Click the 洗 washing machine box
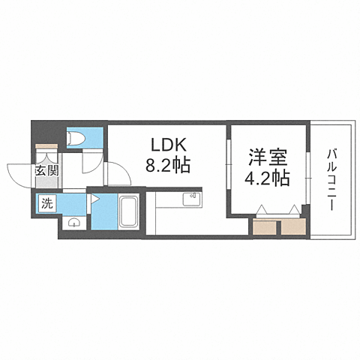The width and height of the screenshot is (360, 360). (x=46, y=202)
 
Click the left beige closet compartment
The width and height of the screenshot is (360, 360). (x=265, y=226)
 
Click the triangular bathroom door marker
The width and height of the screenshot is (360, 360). (x=96, y=199)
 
